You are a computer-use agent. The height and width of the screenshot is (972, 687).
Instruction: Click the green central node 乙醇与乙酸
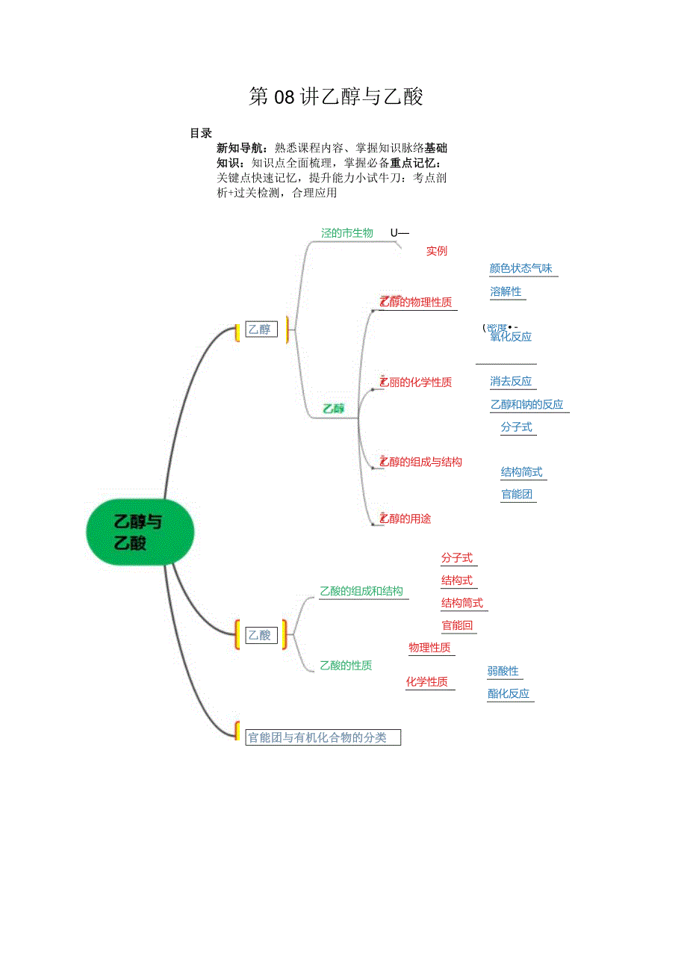140,532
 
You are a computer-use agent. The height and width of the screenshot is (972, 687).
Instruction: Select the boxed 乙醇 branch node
261,329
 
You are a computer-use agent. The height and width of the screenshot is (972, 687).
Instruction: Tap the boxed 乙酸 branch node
261,635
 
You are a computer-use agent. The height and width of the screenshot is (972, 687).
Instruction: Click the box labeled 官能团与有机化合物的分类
323,737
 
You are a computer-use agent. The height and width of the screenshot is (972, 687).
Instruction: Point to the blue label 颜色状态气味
521,269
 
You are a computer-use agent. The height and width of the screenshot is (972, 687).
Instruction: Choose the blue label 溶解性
506,291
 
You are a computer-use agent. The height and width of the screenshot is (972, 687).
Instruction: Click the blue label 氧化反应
512,337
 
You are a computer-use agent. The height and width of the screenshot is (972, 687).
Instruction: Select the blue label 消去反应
512,382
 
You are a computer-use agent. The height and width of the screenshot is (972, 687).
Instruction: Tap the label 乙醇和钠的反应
527,404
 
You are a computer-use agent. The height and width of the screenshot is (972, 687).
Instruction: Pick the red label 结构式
457,581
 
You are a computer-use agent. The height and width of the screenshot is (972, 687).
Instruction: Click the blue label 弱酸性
503,671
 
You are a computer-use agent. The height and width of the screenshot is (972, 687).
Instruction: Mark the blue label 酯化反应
509,693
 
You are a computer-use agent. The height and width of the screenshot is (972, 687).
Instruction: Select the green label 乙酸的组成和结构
361,591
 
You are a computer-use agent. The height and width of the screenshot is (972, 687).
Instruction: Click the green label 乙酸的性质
346,665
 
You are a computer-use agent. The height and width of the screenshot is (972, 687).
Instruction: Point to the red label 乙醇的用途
406,518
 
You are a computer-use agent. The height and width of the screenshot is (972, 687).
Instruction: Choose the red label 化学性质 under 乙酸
427,681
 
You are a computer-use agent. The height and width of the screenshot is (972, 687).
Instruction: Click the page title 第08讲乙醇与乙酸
336,97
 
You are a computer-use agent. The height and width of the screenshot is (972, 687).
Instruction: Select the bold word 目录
201,134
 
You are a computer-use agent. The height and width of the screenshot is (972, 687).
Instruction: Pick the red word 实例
437,251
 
